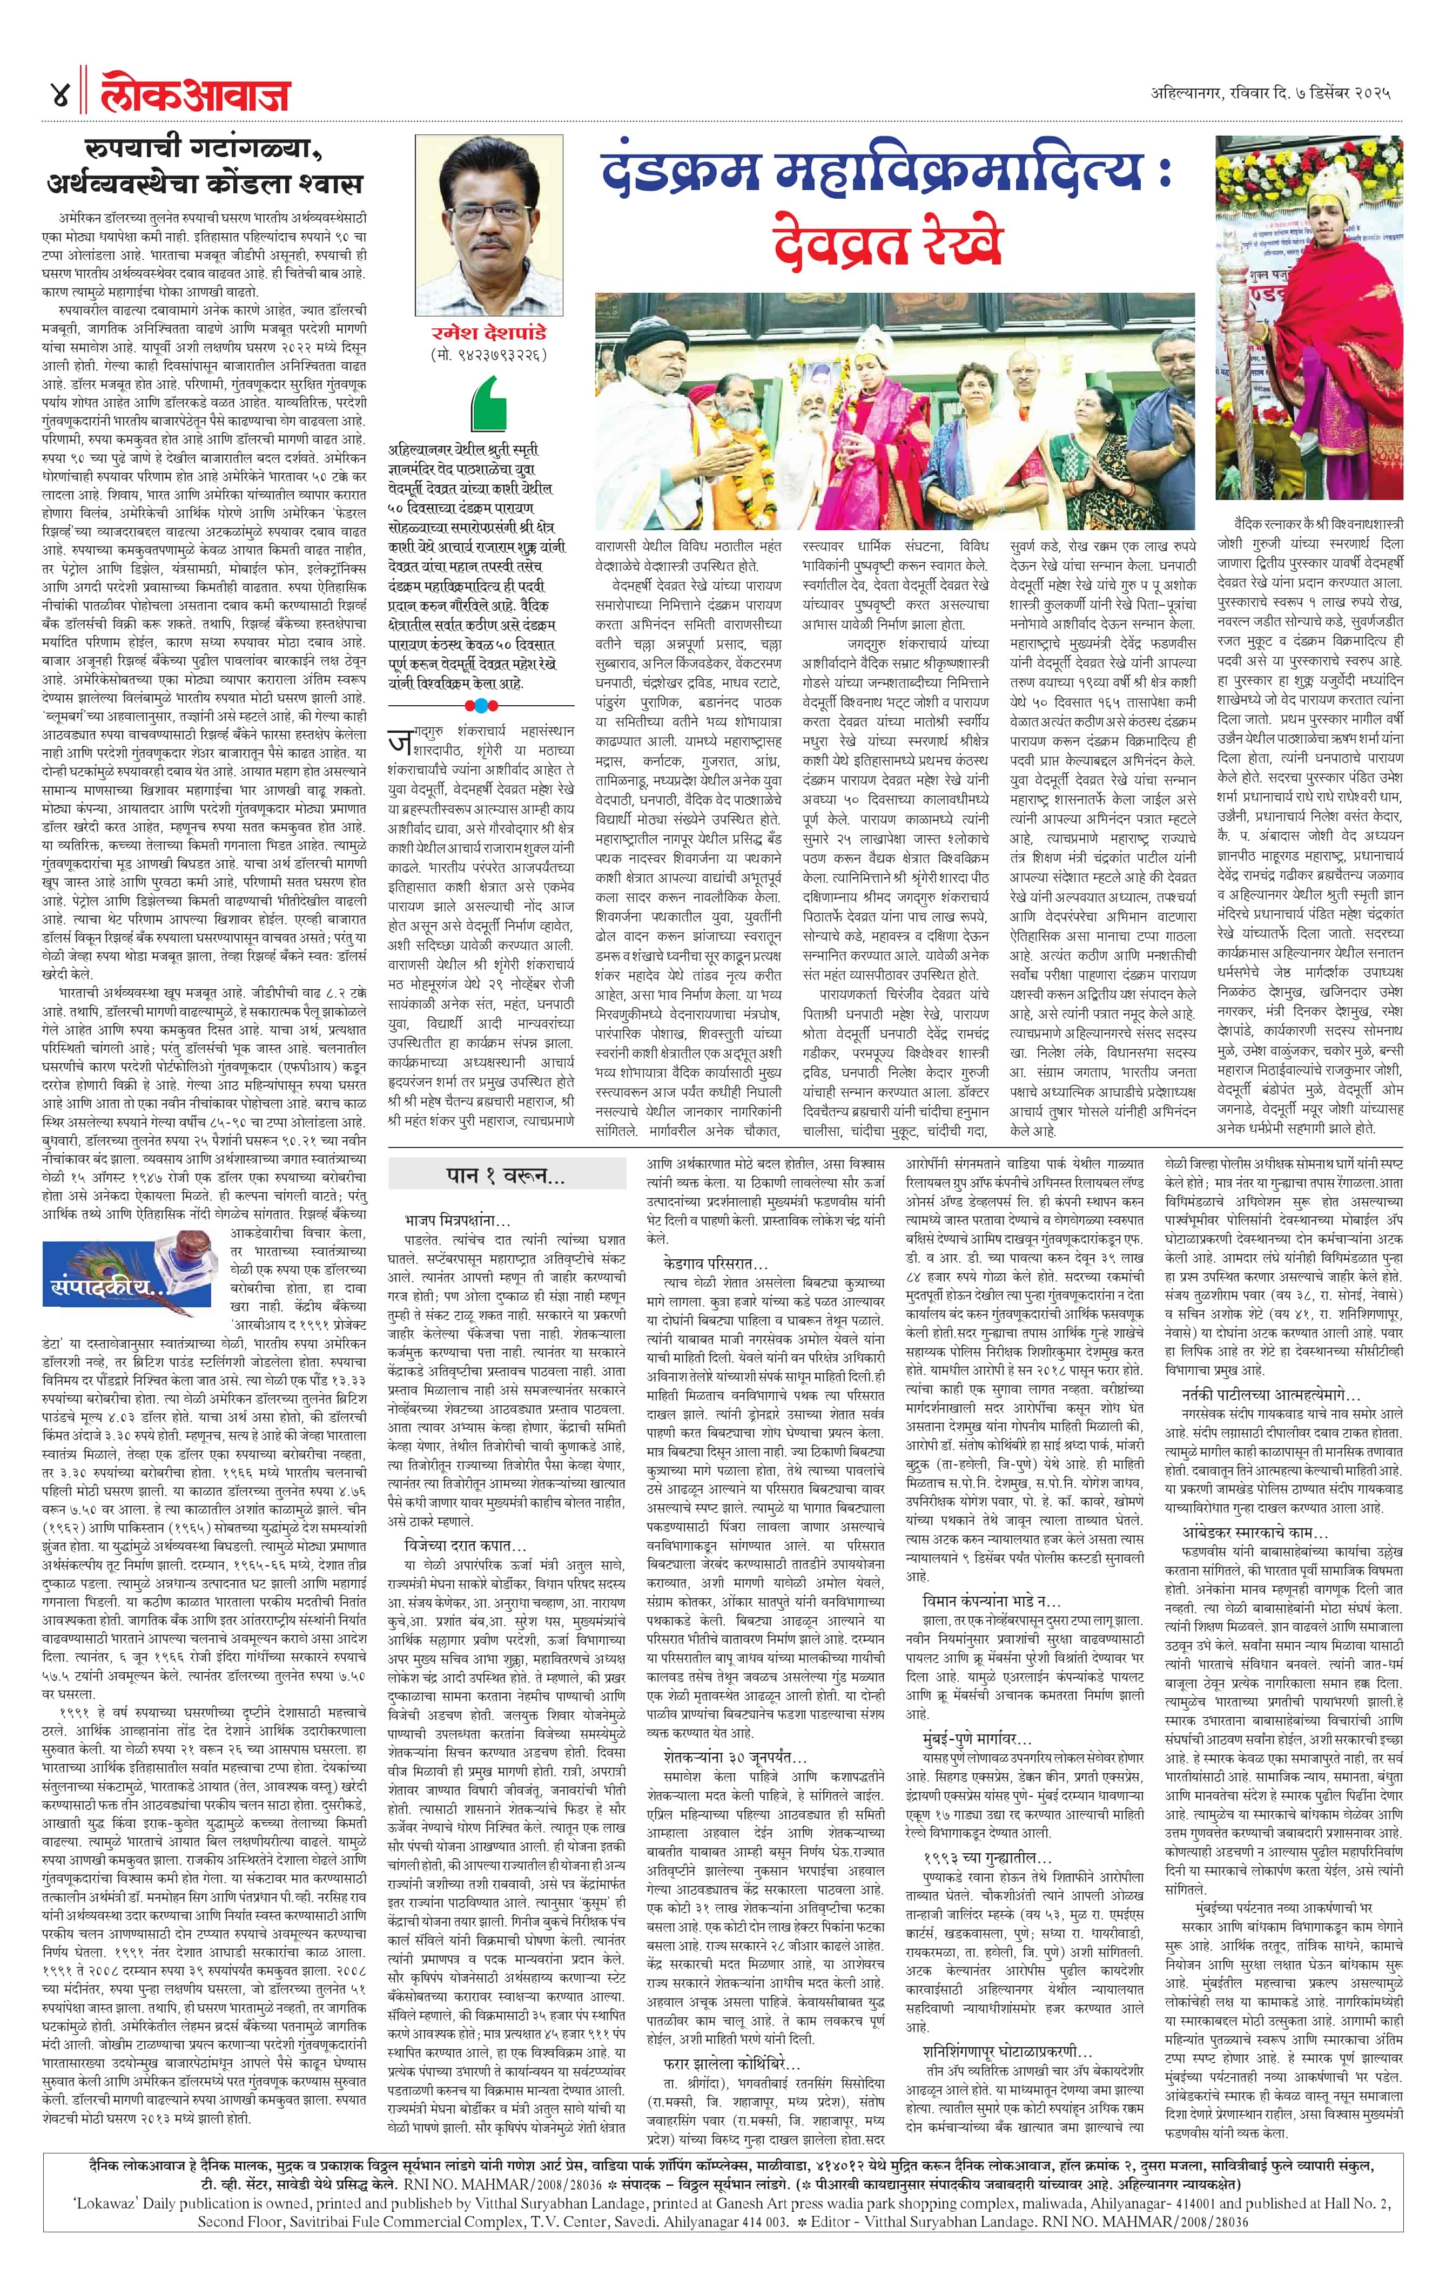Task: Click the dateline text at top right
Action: [x=1269, y=93]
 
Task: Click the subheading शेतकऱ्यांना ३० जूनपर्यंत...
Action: [x=735, y=1757]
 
